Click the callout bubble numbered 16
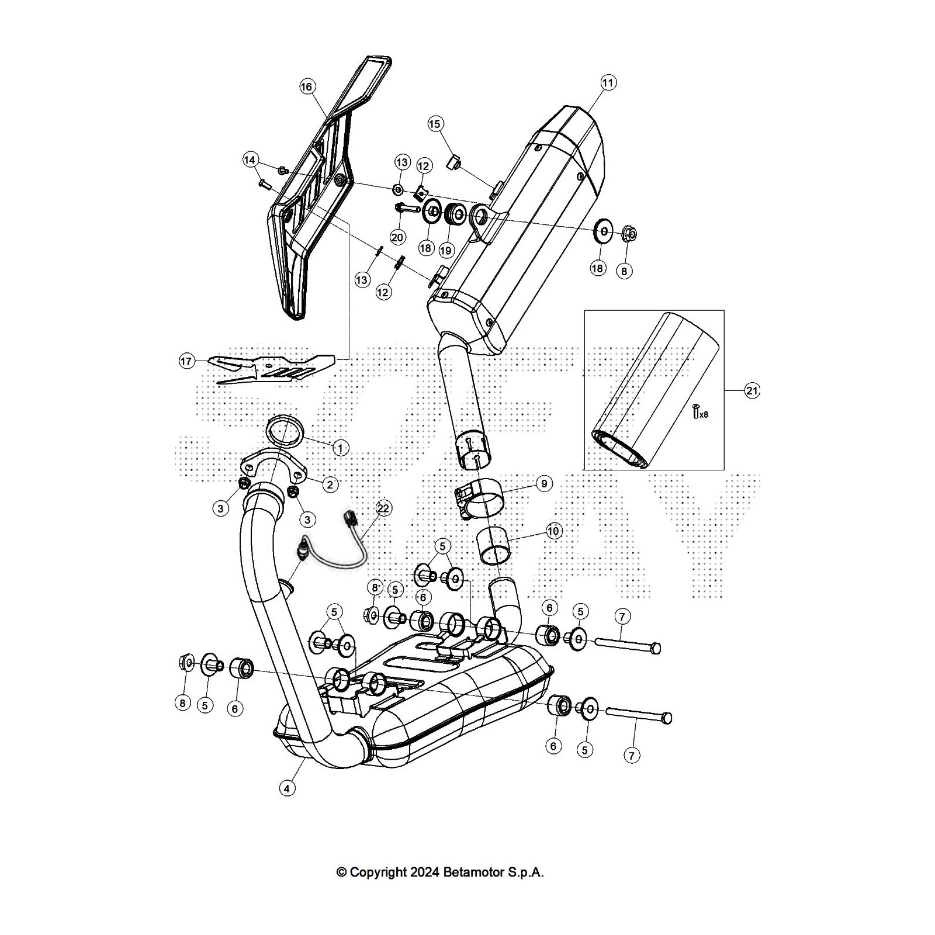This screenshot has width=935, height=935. click(307, 87)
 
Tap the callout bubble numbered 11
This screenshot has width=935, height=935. click(608, 83)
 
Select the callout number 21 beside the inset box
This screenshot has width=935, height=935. click(752, 391)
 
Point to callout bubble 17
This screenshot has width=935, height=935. click(186, 362)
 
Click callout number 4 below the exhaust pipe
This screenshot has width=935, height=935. click(286, 788)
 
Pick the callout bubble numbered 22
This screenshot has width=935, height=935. click(383, 508)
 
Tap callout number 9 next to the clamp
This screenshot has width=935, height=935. click(543, 483)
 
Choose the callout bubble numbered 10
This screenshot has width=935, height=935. click(553, 531)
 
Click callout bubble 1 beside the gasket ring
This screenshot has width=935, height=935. click(340, 448)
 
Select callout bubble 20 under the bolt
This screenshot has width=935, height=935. click(397, 237)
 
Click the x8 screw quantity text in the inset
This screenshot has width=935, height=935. click(703, 414)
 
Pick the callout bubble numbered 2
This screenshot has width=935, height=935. click(330, 484)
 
